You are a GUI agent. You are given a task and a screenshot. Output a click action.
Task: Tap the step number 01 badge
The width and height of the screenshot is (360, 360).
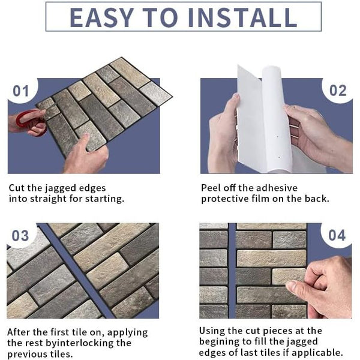tap(22, 91)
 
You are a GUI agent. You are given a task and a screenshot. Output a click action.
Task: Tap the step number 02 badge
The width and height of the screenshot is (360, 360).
tap(338, 91)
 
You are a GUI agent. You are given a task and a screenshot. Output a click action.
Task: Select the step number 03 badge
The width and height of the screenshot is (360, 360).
tap(21, 236)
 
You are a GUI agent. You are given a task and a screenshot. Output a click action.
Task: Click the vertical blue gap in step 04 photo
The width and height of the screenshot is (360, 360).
tap(232, 270)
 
